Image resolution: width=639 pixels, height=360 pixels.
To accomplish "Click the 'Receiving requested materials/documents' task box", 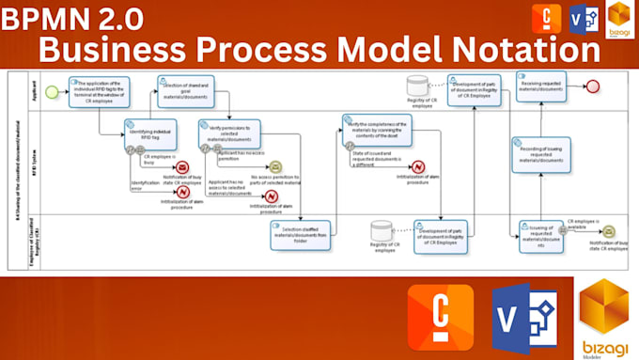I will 542,86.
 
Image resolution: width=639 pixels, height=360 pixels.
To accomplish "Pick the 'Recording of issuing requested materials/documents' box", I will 540,155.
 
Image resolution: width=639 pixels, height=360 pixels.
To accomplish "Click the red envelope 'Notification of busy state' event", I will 182,167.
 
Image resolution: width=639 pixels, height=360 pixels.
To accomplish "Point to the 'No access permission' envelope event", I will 274,167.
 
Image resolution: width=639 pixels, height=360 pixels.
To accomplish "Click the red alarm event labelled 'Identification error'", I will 182,192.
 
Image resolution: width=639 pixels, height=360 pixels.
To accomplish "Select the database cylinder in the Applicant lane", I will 419,86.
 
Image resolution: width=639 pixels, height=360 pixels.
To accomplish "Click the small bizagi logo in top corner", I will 619,19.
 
